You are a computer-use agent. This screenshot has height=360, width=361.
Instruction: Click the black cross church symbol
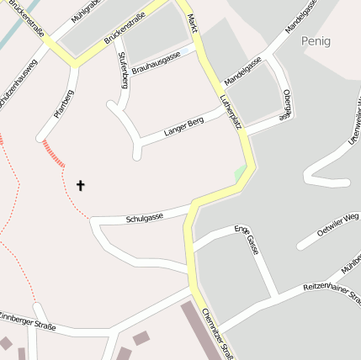pyautogui.click(x=81, y=184)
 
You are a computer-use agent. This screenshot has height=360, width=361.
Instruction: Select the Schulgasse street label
pyautogui.click(x=144, y=218)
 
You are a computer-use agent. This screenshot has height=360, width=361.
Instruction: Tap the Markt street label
pyautogui.click(x=193, y=22)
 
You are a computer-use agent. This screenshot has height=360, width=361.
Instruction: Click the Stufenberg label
pyautogui.click(x=124, y=68)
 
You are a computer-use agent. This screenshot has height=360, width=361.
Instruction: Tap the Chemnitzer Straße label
pyautogui.click(x=218, y=333)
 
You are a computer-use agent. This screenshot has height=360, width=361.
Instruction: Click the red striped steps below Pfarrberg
pyautogui.click(x=53, y=153)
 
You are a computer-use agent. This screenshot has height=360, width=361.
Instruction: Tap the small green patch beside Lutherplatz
pyautogui.click(x=240, y=172)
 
